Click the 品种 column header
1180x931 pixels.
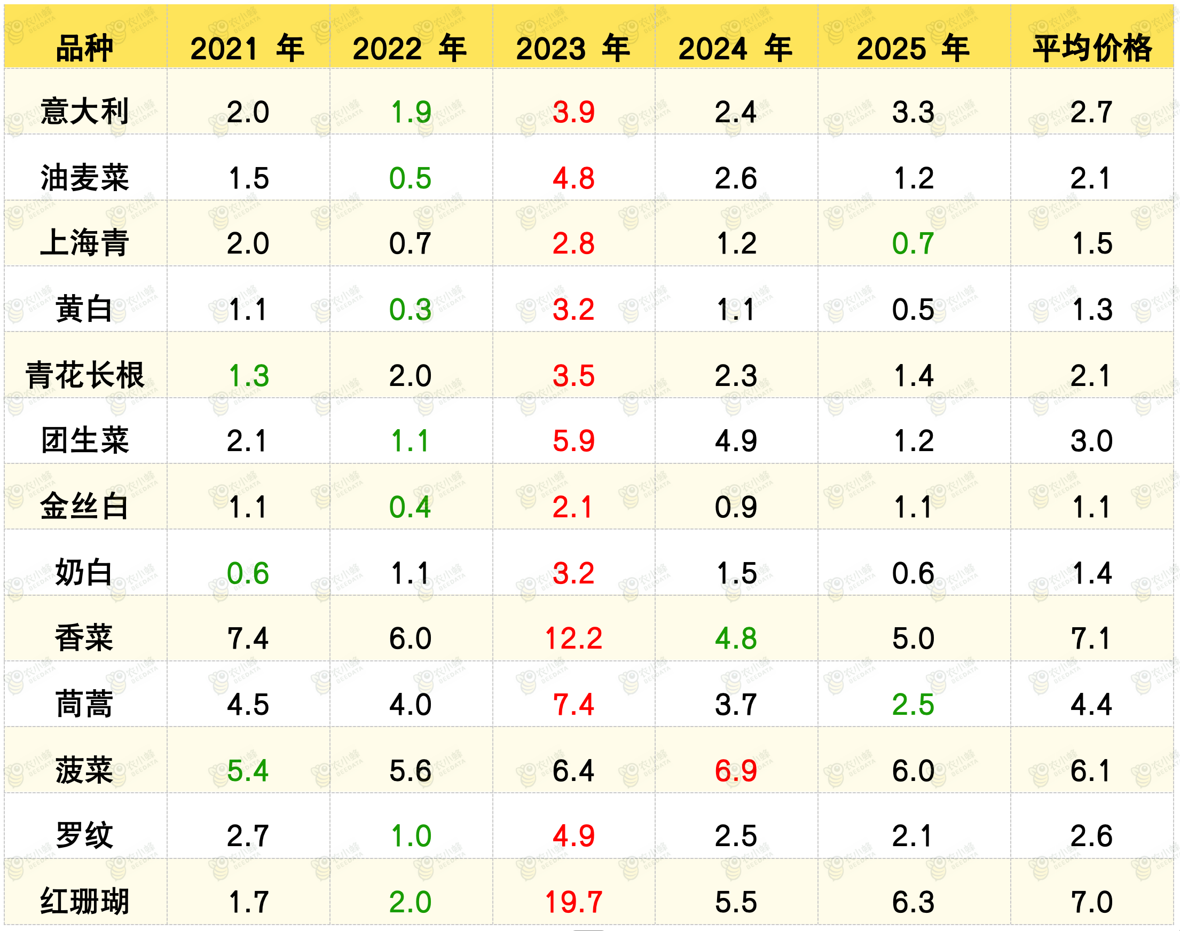pyautogui.click(x=84, y=48)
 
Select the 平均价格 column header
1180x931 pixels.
pyautogui.click(x=1092, y=48)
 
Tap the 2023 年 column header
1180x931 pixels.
pyautogui.click(x=573, y=48)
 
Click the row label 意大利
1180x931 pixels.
pyautogui.click(x=84, y=112)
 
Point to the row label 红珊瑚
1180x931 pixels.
pyautogui.click(x=84, y=902)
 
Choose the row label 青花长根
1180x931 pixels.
pyautogui.click(x=84, y=375)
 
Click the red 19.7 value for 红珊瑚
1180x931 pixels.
pyautogui.click(x=573, y=902)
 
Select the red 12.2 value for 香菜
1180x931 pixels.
pyautogui.click(x=573, y=638)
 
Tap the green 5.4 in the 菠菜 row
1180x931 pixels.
pyautogui.click(x=248, y=771)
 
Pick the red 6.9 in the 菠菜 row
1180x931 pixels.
pyautogui.click(x=736, y=771)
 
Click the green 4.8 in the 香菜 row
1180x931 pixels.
pyautogui.click(x=736, y=638)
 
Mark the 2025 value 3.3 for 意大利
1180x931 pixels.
pyautogui.click(x=914, y=112)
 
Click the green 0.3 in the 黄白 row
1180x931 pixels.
pyautogui.click(x=411, y=310)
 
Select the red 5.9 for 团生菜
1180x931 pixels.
pyautogui.click(x=573, y=441)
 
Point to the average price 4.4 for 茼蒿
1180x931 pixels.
pyautogui.click(x=1091, y=705)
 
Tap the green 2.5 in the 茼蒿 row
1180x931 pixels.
pyautogui.click(x=914, y=705)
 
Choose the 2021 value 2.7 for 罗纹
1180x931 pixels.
pyautogui.click(x=248, y=836)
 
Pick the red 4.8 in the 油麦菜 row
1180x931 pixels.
pyautogui.click(x=573, y=178)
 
